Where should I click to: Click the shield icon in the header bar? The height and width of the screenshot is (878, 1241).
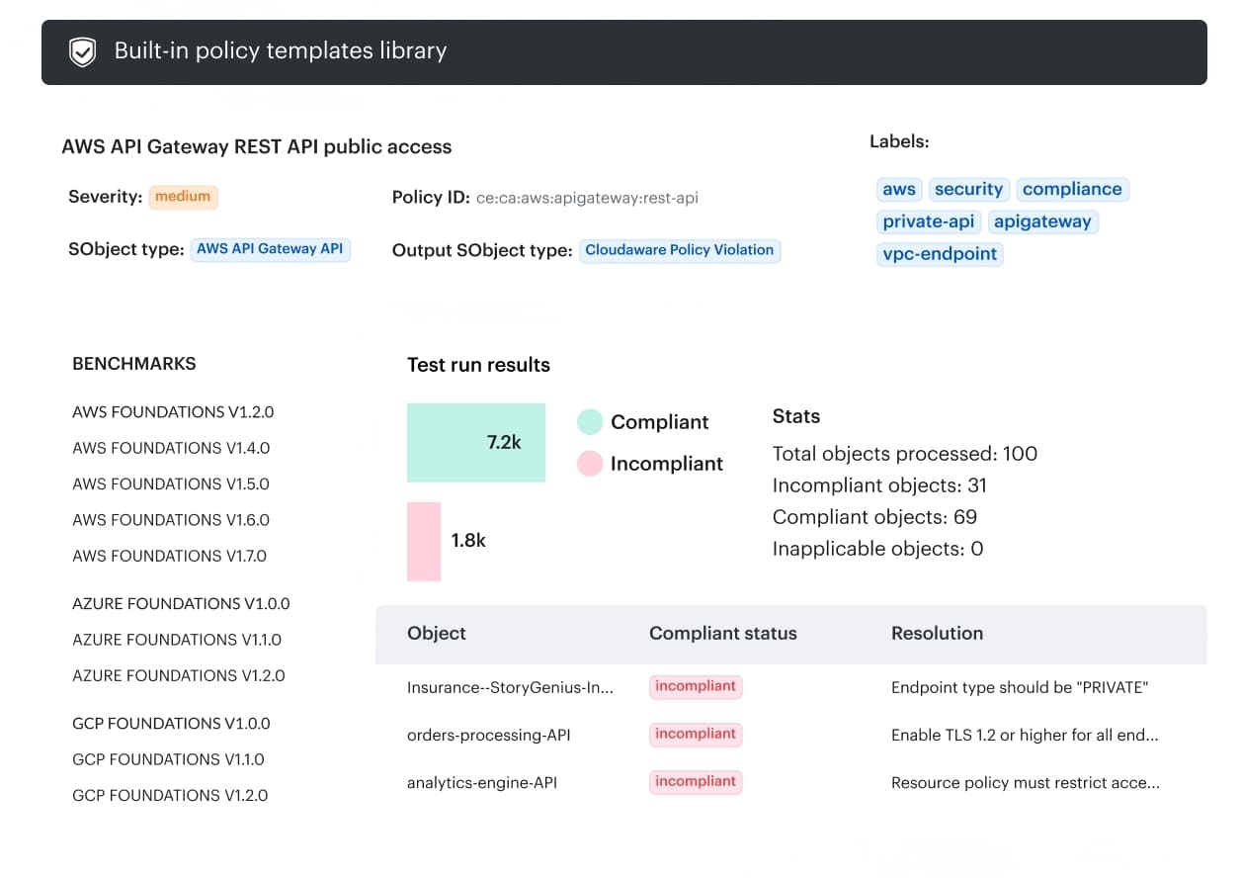pos(82,52)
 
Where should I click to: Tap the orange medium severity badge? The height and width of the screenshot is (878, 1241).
pos(183,197)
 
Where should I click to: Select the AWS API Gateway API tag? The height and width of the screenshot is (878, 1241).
pos(270,249)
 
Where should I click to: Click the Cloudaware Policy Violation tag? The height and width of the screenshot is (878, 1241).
pos(679,250)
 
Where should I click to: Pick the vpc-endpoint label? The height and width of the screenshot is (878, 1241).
pos(940,254)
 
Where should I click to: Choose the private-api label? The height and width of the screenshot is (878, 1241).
pos(928,221)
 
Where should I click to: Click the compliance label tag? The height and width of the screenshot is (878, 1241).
pos(1071,189)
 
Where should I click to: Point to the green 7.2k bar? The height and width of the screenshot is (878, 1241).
pos(475,442)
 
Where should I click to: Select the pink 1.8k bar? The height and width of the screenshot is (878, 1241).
pos(424,541)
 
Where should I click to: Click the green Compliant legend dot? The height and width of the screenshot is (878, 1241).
pos(590,422)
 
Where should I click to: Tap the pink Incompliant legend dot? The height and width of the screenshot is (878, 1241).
pos(590,464)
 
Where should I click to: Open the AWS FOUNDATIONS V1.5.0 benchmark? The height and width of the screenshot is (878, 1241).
pos(171,483)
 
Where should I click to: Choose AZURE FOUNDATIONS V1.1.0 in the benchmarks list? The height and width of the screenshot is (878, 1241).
pos(177,640)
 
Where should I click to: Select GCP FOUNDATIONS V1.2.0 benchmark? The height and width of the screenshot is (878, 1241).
pos(170,795)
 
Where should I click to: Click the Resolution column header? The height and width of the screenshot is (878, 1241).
pos(937,634)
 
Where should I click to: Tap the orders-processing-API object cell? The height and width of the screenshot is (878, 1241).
pos(488,736)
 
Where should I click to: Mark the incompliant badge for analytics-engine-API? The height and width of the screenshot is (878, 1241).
pos(696,782)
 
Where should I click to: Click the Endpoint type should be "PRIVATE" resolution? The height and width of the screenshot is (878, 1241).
pos(1019,687)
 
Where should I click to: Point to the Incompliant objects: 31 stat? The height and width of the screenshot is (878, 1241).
pos(878,485)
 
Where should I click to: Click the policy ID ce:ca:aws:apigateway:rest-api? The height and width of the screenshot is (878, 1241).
pos(587,198)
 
